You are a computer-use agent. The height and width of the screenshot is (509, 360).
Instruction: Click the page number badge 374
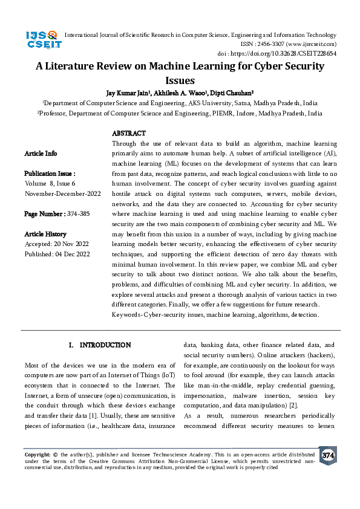(328, 455)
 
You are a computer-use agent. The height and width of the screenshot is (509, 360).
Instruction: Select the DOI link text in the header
(300, 53)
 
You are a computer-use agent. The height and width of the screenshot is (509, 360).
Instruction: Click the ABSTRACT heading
(128, 133)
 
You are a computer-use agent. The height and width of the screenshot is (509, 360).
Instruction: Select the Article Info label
(41, 154)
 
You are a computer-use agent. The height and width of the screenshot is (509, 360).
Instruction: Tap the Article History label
(45, 234)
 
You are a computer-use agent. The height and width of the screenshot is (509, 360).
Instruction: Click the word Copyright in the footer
(36, 453)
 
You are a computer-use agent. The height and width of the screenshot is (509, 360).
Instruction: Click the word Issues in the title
(180, 81)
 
